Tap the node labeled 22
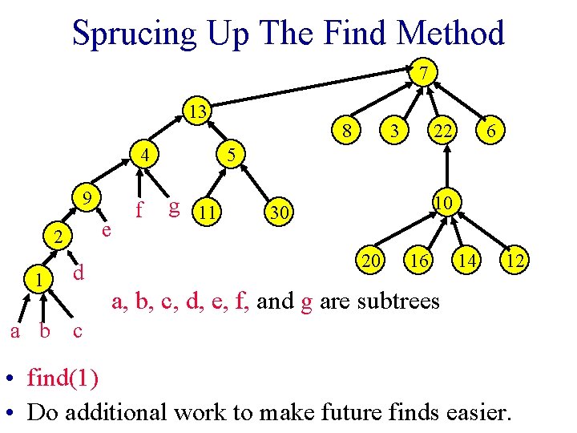(x=440, y=128)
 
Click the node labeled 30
(x=276, y=212)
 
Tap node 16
(x=418, y=260)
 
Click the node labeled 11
(x=209, y=212)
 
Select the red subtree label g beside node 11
(x=172, y=207)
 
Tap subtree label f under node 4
(x=139, y=210)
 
